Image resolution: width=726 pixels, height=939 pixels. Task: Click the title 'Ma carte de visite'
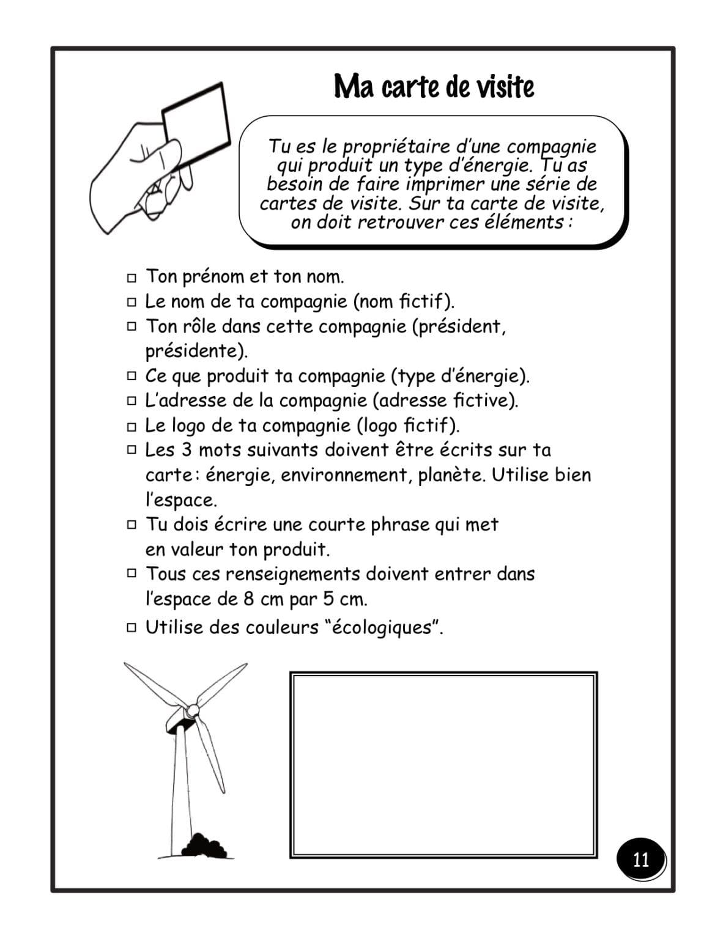[x=434, y=87]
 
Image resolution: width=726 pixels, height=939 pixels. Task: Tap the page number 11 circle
[x=640, y=860]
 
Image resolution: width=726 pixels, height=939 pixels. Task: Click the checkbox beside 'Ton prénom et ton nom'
[x=131, y=278]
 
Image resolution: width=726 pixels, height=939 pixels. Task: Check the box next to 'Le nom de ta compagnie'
[x=131, y=302]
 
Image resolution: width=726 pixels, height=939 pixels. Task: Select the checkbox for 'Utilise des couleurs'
[x=131, y=628]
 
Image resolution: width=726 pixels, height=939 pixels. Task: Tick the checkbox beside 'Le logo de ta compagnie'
[x=131, y=426]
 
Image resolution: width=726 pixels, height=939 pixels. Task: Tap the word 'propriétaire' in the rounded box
[x=392, y=147]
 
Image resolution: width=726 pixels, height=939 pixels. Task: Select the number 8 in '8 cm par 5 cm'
[x=248, y=599]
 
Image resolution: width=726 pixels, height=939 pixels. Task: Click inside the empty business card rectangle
[x=443, y=764]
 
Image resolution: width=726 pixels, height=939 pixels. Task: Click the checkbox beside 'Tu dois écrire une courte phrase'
[x=131, y=525]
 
